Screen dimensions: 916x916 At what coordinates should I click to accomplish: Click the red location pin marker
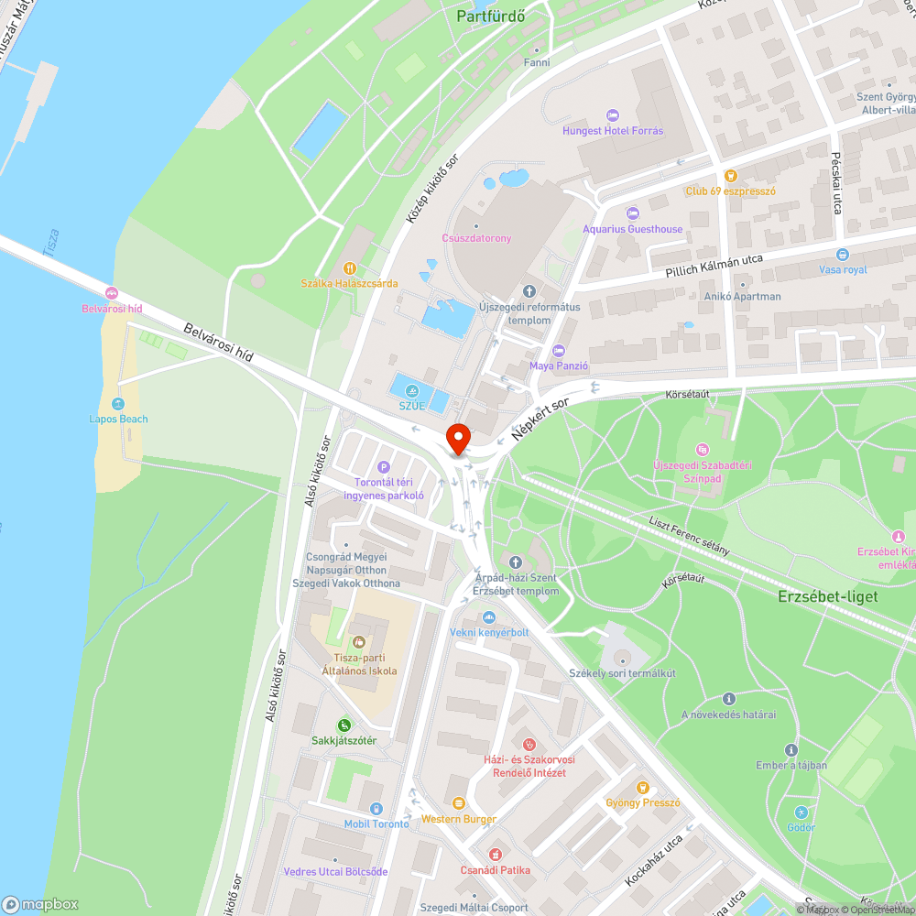click(457, 439)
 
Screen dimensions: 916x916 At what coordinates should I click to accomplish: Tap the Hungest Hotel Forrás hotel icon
click(613, 114)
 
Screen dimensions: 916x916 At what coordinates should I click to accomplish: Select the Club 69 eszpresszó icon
click(730, 176)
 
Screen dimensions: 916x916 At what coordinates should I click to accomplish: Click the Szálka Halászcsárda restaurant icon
click(349, 268)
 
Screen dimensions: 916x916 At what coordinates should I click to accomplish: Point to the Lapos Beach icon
click(118, 404)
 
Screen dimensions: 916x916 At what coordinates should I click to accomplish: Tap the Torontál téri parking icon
click(384, 466)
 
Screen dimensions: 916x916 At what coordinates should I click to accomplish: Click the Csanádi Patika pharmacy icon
click(496, 855)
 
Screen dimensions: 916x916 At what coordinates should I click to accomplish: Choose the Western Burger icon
click(459, 803)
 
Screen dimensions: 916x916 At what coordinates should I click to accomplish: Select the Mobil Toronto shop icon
click(376, 808)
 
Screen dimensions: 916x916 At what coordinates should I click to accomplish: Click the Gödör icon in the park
click(801, 812)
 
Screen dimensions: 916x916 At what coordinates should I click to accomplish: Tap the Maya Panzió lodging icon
click(559, 351)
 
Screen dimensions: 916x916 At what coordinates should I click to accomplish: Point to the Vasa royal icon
click(843, 255)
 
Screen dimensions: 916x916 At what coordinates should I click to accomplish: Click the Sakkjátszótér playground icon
click(343, 725)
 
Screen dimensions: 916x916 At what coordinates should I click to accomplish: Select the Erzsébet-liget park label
click(827, 596)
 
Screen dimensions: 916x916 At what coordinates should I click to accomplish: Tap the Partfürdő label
click(490, 16)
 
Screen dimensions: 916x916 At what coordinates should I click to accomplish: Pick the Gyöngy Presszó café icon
click(643, 788)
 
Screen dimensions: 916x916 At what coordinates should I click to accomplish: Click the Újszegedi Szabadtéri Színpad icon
click(703, 450)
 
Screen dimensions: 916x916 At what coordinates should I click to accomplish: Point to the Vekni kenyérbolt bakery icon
click(489, 617)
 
